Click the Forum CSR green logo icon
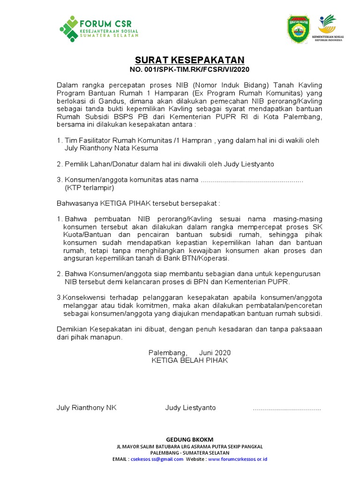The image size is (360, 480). click(x=69, y=29)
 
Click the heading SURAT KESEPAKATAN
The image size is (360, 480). click(x=190, y=60)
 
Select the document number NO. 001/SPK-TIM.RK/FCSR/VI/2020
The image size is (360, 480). click(x=190, y=69)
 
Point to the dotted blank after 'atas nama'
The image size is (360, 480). click(x=252, y=180)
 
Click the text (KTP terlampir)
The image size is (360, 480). click(x=89, y=187)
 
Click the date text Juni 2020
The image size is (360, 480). click(x=215, y=352)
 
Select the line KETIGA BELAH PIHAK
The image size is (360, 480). click(x=189, y=360)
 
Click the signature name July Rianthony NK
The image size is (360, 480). click(x=86, y=408)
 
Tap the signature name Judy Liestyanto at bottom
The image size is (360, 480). click(x=190, y=408)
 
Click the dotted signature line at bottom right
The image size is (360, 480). click(x=287, y=409)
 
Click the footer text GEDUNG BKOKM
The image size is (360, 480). click(x=190, y=439)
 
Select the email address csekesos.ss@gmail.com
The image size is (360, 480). click(x=157, y=459)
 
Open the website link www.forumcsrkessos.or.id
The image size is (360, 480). click(x=237, y=459)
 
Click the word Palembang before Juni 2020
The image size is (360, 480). click(x=167, y=352)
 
